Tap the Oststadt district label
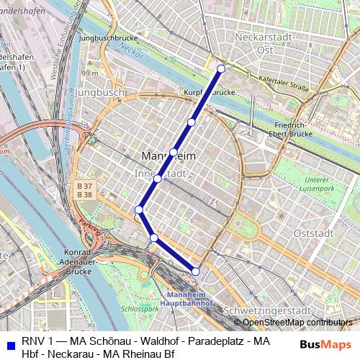[x=314, y=233]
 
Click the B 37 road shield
[x=84, y=186]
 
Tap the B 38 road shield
[x=84, y=194]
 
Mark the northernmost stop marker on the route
[x=221, y=68]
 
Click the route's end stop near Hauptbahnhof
[x=195, y=271]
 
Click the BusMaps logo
[x=322, y=344]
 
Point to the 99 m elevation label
[x=90, y=73]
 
